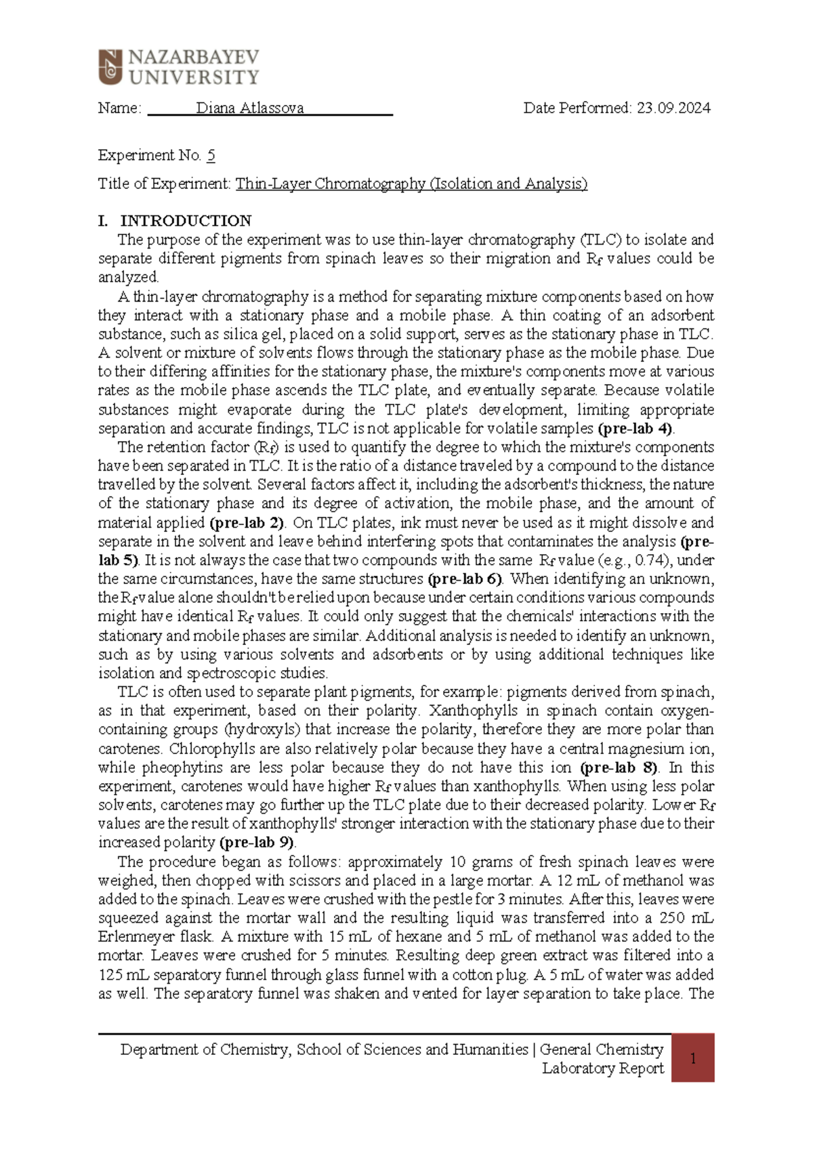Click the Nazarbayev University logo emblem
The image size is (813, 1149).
110,67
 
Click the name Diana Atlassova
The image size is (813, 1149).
249,108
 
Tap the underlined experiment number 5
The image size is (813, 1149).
211,156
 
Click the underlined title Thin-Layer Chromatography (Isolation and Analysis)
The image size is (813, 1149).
411,184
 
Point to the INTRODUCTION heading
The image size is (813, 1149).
186,221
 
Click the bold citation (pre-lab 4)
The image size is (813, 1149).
635,428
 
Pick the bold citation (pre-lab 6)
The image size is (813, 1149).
465,579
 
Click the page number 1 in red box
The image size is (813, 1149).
693,1058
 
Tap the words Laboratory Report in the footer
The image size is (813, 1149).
602,1068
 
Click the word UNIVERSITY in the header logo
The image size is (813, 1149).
194,78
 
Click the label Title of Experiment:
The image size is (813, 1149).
165,184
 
